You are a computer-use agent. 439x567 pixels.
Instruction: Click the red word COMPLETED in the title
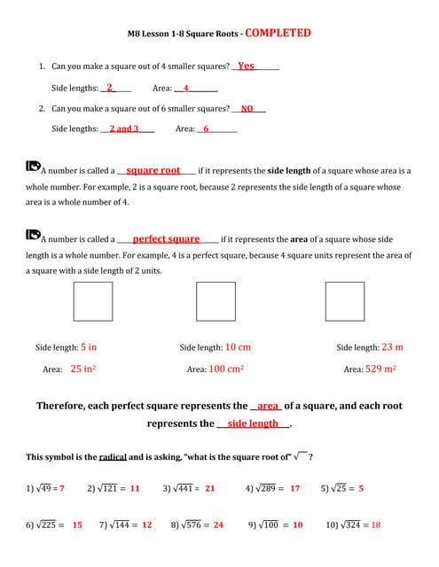coord(278,33)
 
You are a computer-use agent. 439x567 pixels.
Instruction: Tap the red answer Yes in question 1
coord(246,66)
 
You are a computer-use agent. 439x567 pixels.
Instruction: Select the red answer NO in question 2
coord(247,108)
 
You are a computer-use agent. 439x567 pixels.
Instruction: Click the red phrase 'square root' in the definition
coord(153,170)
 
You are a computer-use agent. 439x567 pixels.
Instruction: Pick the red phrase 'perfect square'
coord(166,239)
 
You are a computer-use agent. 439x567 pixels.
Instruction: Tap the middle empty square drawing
coord(215,301)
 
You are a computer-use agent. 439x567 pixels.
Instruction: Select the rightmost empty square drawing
coord(344,301)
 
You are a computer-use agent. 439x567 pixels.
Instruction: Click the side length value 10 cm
coord(238,347)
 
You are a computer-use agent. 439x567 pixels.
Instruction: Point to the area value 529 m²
coord(380,369)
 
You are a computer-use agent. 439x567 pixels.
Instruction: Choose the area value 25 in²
coord(82,369)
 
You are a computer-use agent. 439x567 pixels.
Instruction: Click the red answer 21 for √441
coord(209,488)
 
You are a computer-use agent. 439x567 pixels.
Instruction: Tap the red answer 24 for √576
coord(218,524)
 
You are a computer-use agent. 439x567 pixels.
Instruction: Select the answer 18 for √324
coord(376,524)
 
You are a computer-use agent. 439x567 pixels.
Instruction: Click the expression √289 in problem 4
coord(268,488)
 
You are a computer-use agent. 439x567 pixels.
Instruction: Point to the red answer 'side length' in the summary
coord(253,423)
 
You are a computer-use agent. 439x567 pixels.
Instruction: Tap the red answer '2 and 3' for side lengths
coord(123,129)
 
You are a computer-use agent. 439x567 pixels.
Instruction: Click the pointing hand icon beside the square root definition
coord(33,165)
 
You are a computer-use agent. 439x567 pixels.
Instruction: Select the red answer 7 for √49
coord(62,488)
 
